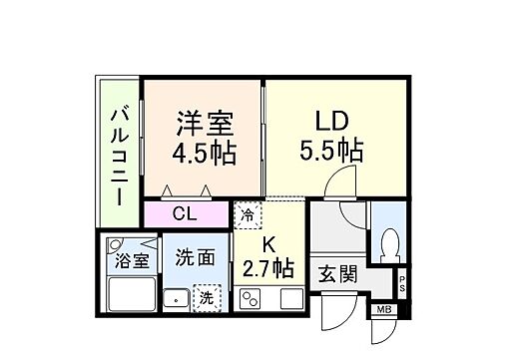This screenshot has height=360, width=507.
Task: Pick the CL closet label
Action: [185, 213]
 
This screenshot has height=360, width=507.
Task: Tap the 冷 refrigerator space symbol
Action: [247, 214]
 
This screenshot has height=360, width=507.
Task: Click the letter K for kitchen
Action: [267, 242]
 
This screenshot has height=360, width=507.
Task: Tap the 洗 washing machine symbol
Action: [206, 296]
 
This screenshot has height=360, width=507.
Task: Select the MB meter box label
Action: [384, 308]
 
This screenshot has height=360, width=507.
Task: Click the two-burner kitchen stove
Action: [253, 297]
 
